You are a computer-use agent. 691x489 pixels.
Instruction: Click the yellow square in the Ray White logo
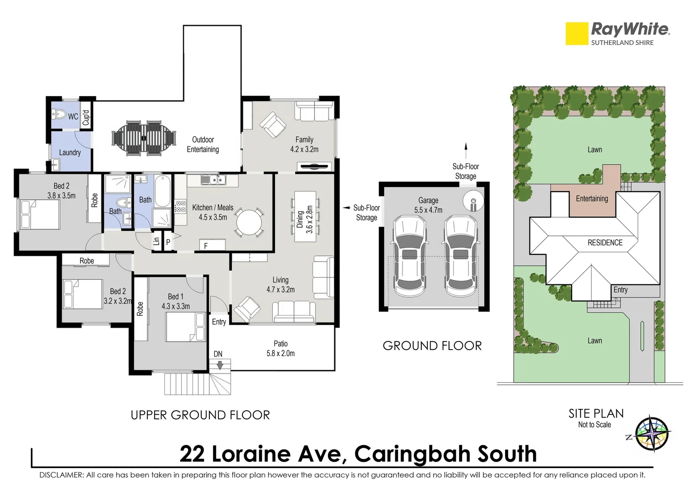(x=577, y=34)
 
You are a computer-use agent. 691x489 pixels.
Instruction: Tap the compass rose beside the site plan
(x=652, y=434)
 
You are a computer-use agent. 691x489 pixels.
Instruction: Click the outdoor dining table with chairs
(x=144, y=138)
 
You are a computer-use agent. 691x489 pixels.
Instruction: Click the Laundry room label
(x=70, y=153)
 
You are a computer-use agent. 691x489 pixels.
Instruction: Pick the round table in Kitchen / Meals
(x=248, y=222)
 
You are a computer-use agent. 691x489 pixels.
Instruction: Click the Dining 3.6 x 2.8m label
(x=305, y=219)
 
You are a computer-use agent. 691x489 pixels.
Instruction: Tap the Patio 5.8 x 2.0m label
(x=280, y=349)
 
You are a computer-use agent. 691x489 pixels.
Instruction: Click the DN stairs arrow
(x=220, y=365)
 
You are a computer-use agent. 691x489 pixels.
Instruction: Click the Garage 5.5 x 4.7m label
(x=428, y=205)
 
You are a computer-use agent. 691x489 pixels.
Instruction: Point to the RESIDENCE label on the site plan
(x=605, y=243)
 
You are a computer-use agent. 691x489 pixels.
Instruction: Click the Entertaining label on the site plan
(x=592, y=198)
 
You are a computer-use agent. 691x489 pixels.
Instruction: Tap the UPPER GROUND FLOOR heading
(x=200, y=415)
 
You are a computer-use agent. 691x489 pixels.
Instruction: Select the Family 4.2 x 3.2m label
(x=304, y=144)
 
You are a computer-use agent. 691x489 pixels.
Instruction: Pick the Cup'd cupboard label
(x=85, y=117)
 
